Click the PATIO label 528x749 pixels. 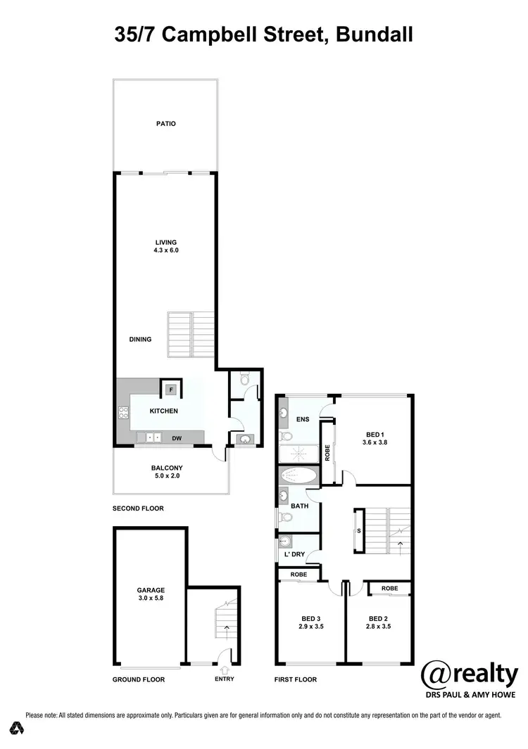pos(166,124)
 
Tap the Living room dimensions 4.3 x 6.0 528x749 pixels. pos(166,250)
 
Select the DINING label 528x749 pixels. pos(140,339)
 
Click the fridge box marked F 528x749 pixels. pos(170,389)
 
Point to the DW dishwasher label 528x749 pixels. pos(177,439)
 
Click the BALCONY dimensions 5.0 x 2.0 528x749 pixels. pos(167,476)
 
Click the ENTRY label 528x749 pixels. pos(225,679)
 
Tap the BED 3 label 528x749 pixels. pos(310,618)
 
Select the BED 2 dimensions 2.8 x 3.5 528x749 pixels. pos(379,626)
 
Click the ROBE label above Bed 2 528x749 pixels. pos(390,588)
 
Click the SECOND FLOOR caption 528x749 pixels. pos(139,508)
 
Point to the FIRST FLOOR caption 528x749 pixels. pos(296,679)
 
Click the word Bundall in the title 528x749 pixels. pos(375,34)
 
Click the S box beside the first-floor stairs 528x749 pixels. pos(359,530)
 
